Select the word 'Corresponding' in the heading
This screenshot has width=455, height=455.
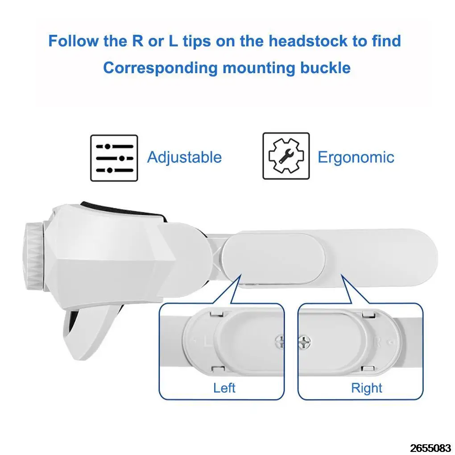(x=160, y=68)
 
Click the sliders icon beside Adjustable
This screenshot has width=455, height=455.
(x=114, y=158)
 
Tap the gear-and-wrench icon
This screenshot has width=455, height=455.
(x=285, y=156)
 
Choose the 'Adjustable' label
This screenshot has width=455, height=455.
(x=184, y=157)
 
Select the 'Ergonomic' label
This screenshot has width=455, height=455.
(x=356, y=157)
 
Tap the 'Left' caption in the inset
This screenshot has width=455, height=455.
(x=224, y=388)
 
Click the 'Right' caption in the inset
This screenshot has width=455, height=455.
(x=367, y=388)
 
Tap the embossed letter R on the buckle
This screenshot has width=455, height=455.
(x=377, y=342)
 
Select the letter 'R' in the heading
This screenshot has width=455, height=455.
(x=137, y=41)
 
